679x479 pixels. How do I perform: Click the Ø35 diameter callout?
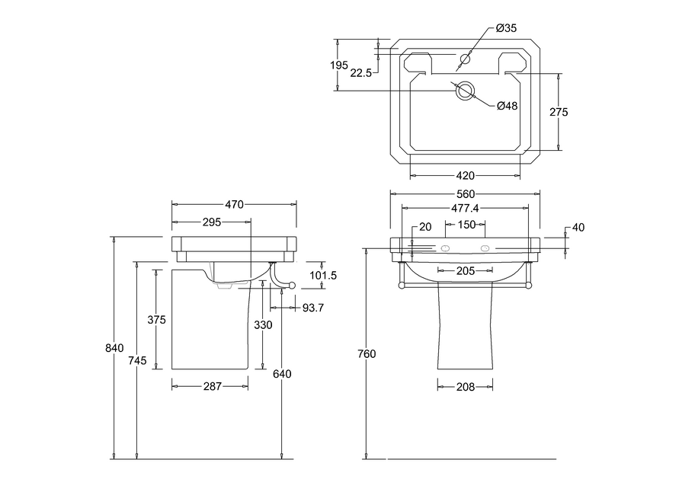(506, 28)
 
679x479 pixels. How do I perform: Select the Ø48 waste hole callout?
(507, 106)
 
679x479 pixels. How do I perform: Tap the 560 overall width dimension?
(466, 194)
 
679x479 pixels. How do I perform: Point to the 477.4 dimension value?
(465, 209)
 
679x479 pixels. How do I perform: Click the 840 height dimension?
(114, 348)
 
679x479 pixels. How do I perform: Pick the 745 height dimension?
(138, 360)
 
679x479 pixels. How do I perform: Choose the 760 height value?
(367, 354)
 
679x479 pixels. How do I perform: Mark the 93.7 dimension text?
(313, 308)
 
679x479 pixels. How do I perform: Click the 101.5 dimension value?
(323, 275)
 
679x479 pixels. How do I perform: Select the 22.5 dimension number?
(360, 73)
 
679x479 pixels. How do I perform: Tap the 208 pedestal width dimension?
(466, 387)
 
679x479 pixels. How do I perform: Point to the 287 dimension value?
(212, 386)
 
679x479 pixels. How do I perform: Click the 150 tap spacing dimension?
(466, 225)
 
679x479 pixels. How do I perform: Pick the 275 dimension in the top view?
(559, 113)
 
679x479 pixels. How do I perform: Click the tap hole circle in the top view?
(466, 58)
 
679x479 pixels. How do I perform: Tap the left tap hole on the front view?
(445, 248)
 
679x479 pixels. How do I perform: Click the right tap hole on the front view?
(485, 248)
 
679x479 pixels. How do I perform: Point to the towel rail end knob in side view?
(293, 285)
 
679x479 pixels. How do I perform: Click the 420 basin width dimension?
(465, 176)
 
